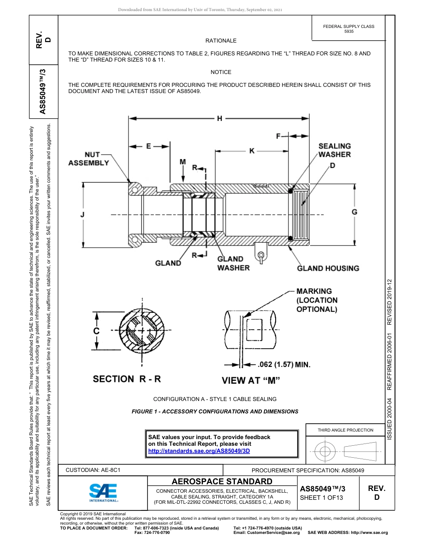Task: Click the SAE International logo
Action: click(103, 492)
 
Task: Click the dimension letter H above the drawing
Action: click(219, 118)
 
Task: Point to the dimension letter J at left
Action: click(82, 215)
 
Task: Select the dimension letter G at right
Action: click(355, 212)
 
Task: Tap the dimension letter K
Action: click(252, 151)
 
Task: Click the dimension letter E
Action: click(148, 146)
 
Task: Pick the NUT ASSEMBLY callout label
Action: click(89, 159)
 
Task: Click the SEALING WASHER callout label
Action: click(335, 150)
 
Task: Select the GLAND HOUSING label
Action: click(328, 268)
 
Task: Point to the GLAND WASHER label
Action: click(233, 263)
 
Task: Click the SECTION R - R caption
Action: click(127, 379)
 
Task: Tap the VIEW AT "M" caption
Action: click(251, 380)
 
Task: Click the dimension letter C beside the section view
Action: click(96, 331)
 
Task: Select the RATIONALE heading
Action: click(221, 41)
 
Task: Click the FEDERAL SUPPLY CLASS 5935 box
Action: click(348, 29)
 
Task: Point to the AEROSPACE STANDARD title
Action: click(222, 481)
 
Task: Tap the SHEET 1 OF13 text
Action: click(321, 497)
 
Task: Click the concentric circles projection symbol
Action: click(325, 452)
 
